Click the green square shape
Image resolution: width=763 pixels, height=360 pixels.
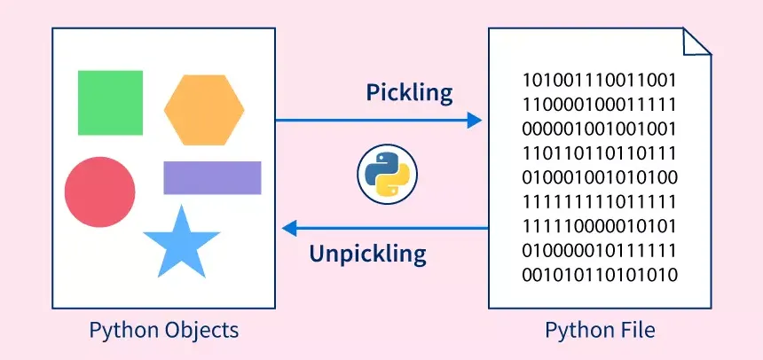[x=110, y=103]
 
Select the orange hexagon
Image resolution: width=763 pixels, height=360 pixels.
[x=204, y=110]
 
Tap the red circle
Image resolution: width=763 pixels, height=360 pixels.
[x=100, y=192]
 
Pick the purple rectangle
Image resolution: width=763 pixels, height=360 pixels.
[x=212, y=177]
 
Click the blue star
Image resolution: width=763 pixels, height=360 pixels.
[x=181, y=245]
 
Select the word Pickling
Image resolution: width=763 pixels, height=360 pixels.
[x=409, y=92]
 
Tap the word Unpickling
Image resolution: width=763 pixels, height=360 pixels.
[x=367, y=254]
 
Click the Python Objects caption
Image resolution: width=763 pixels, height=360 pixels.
[x=164, y=331]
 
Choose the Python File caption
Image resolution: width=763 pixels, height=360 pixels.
[x=601, y=331]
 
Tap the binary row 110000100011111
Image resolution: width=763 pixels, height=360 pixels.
[x=601, y=102]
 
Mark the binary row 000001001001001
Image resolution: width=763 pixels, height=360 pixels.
[x=601, y=127]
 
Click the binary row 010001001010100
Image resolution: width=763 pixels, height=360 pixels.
[x=601, y=176]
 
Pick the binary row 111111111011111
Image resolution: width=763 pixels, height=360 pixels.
[x=601, y=200]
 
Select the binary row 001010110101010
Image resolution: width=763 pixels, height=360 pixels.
[x=601, y=275]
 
